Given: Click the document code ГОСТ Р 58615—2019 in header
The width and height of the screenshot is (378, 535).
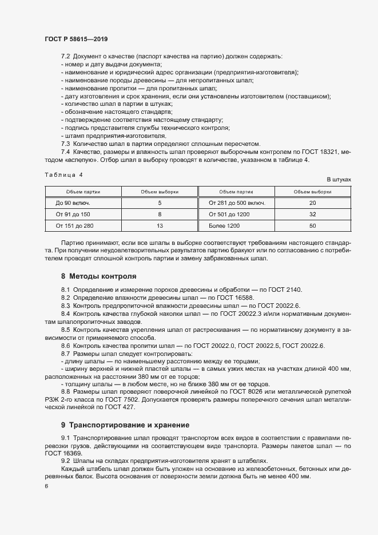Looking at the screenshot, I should (76, 39).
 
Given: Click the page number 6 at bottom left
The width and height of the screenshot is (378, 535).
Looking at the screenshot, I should (46, 486).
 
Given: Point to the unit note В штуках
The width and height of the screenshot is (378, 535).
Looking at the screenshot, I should (339, 179).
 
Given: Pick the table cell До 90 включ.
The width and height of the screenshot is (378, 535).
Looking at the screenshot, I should (73, 203).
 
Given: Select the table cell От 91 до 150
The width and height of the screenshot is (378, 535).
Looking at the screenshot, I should (73, 215).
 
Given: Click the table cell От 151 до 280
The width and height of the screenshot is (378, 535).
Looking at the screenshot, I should (74, 226).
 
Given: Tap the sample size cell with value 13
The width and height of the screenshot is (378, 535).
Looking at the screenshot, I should (160, 226).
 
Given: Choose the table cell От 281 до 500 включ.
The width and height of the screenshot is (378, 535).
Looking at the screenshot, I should (236, 203).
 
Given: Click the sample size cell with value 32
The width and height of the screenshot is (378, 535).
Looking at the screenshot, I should (312, 215).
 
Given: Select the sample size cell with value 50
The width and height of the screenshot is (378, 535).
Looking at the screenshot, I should (312, 226).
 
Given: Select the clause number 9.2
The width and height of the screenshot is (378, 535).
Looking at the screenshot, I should (65, 461).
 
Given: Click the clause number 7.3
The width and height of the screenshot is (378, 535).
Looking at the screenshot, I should (65, 144).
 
